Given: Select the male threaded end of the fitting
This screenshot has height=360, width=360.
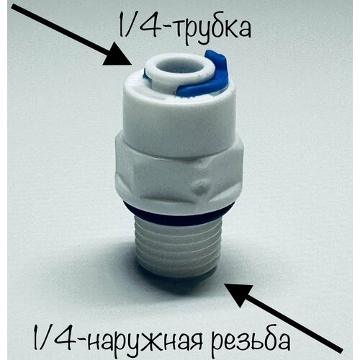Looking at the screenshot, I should [179, 241].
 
